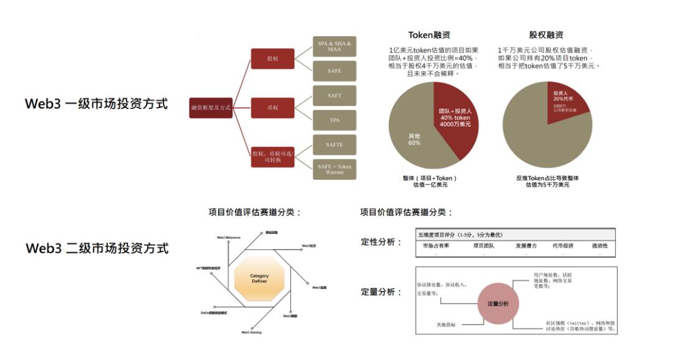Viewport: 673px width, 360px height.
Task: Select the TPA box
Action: (x=334, y=120)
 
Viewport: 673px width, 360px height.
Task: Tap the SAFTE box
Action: (x=334, y=144)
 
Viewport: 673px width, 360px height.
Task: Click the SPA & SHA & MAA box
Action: (x=334, y=46)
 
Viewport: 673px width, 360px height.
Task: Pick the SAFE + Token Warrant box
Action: (x=334, y=169)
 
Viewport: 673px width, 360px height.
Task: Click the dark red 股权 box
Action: (x=272, y=59)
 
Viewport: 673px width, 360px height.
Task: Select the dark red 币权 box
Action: (x=272, y=108)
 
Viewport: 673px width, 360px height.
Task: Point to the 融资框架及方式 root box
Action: (x=211, y=108)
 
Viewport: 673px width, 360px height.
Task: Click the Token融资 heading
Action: (x=429, y=35)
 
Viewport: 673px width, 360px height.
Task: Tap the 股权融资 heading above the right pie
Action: (x=547, y=35)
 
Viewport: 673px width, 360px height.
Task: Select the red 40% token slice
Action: (x=455, y=115)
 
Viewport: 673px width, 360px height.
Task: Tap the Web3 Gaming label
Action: (x=251, y=333)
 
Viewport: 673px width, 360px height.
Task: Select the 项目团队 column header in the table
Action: (x=484, y=246)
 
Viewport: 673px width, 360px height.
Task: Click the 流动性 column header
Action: (x=600, y=246)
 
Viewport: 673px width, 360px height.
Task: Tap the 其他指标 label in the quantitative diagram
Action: (x=446, y=324)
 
